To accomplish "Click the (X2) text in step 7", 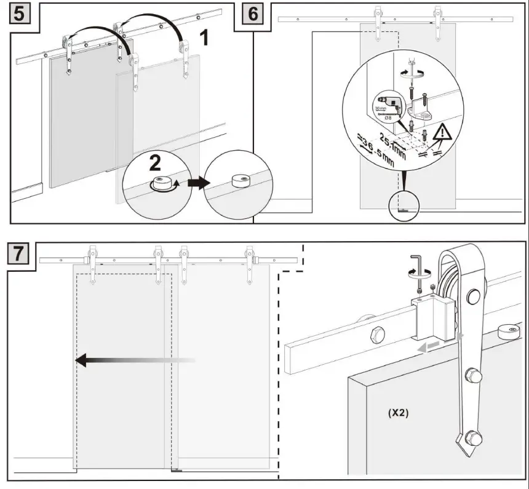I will [400, 413].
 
